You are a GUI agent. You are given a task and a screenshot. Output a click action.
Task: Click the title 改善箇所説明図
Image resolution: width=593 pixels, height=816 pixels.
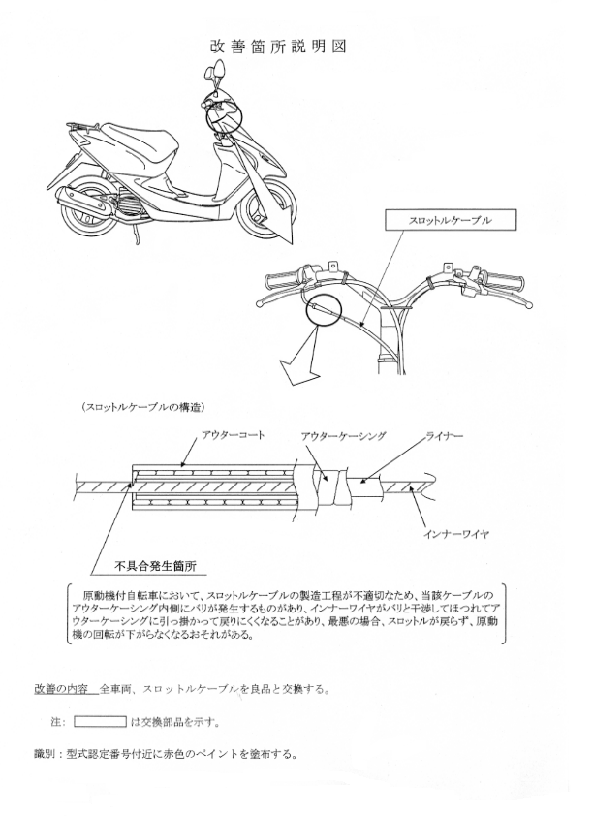[278, 47]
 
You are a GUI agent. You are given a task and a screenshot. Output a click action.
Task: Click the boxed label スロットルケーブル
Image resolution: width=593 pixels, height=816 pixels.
[451, 220]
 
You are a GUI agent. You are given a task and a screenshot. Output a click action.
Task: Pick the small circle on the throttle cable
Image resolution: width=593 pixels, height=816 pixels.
[323, 311]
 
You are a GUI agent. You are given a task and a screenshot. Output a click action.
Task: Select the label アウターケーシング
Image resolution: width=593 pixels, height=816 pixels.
[343, 435]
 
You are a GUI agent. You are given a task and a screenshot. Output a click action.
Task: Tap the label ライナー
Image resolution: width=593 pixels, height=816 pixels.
[445, 435]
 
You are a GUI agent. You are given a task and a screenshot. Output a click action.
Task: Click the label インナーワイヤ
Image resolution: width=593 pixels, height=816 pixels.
[455, 534]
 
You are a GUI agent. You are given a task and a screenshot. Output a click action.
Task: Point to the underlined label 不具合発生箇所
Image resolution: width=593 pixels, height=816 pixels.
[155, 566]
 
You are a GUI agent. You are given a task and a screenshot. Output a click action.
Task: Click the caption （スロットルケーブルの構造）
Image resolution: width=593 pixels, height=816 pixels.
[143, 407]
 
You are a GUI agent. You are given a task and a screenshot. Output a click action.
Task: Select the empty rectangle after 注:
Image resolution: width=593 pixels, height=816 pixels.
[100, 722]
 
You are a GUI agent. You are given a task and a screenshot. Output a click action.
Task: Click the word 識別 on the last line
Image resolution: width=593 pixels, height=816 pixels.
[45, 754]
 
